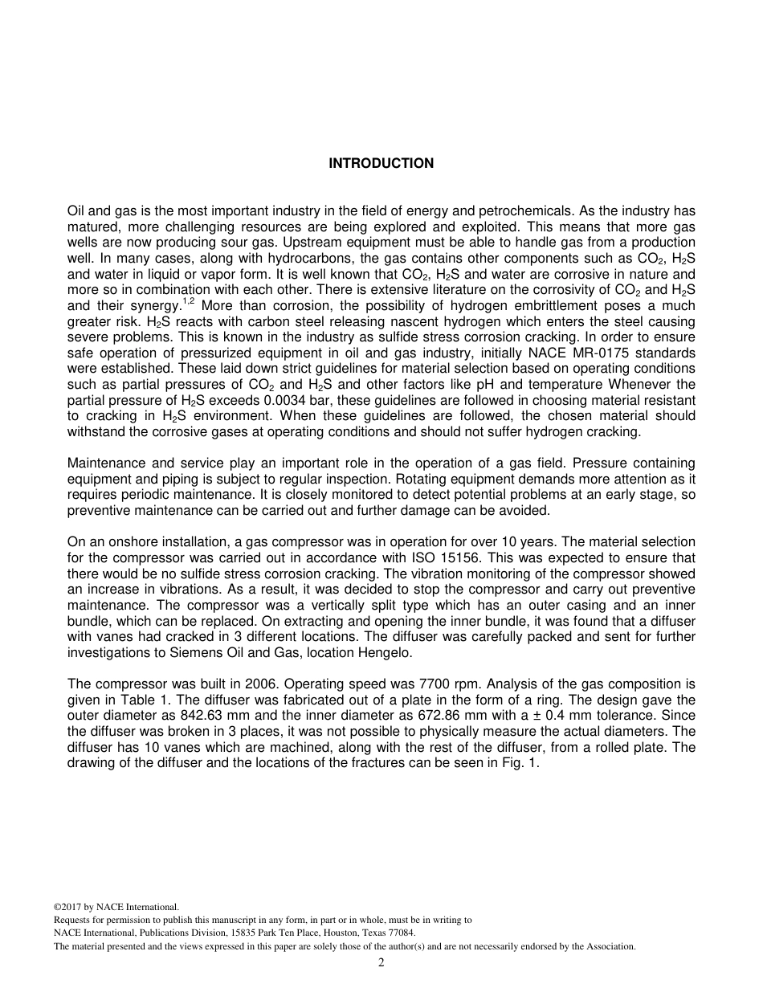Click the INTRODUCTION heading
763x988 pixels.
381,163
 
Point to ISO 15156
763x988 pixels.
467,558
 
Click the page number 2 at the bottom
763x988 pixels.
381,963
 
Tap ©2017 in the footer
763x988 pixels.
68,907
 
